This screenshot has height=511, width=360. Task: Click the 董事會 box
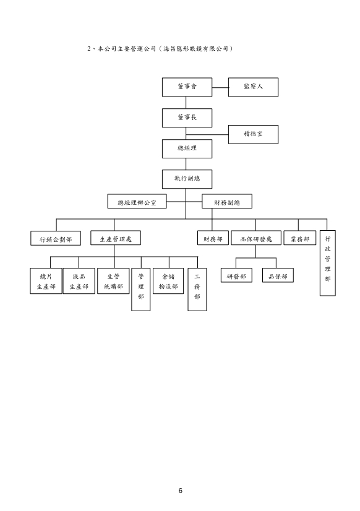click(x=187, y=87)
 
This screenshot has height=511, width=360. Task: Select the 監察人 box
click(x=253, y=87)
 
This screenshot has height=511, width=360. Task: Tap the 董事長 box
click(x=187, y=118)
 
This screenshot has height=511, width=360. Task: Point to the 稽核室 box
click(x=253, y=134)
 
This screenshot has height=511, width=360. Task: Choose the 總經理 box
click(x=187, y=148)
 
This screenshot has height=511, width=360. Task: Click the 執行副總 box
click(x=187, y=179)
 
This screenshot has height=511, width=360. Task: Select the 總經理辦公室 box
click(x=137, y=202)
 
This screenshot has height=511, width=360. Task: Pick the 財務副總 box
click(x=227, y=202)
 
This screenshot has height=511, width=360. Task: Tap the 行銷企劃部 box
click(x=56, y=238)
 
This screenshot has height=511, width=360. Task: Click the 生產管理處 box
click(x=116, y=238)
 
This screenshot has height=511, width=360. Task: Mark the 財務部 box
click(x=213, y=238)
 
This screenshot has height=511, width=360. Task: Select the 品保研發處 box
click(x=256, y=238)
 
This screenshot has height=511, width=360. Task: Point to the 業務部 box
click(x=300, y=238)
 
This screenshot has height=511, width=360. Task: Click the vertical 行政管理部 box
click(x=328, y=263)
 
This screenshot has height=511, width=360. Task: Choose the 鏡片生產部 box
click(x=46, y=281)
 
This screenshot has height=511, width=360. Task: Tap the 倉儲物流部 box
click(x=168, y=281)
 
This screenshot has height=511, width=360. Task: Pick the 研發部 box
click(x=236, y=275)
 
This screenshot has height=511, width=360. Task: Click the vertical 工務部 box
click(x=197, y=290)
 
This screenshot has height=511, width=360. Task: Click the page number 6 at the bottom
click(x=180, y=491)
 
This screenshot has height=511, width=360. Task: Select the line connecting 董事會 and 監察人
click(x=220, y=87)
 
